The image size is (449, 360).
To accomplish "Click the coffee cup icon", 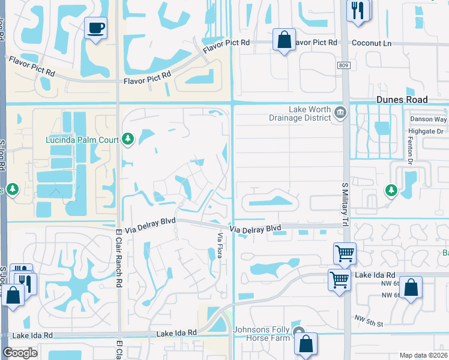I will (x=95, y=28).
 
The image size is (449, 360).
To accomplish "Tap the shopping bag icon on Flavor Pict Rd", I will (x=283, y=40).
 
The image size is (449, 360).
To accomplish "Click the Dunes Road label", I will (x=402, y=100).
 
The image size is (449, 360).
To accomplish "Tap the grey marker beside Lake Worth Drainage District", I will (x=340, y=113).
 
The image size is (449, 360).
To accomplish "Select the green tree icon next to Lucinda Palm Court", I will (x=127, y=140).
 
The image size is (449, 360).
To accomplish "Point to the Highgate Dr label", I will (x=426, y=131).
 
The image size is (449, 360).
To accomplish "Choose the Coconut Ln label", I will (x=372, y=43).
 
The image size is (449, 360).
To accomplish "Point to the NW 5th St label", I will (x=369, y=324).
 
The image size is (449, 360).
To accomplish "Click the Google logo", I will (x=20, y=353).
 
